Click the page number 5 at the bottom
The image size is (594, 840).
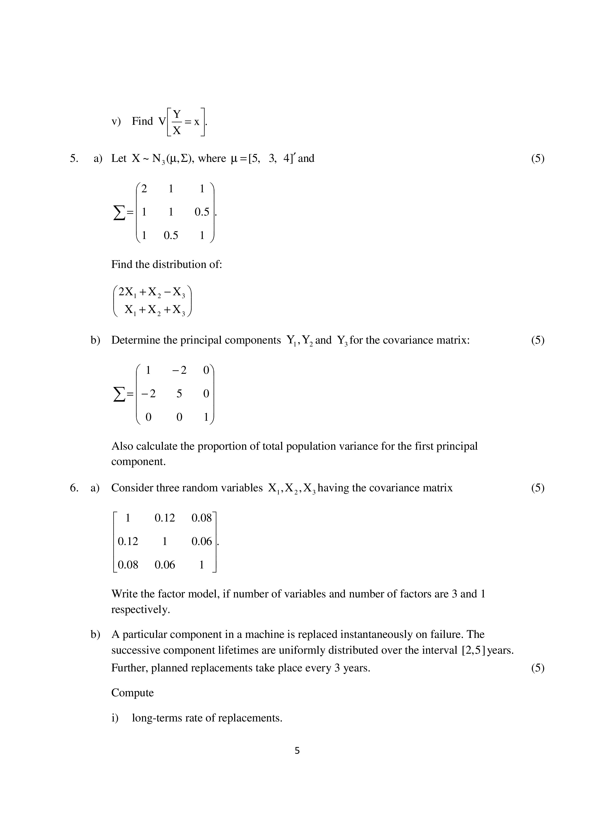click(297, 751)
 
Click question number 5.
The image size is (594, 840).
click(74, 159)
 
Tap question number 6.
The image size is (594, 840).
click(74, 488)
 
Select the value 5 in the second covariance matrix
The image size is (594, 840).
click(179, 394)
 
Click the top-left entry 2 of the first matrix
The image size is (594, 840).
click(144, 189)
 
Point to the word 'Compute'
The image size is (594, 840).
click(132, 692)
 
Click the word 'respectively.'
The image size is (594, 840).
click(141, 609)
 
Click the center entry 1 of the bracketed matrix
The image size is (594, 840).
click(165, 541)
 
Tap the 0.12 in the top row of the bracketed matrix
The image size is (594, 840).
click(165, 518)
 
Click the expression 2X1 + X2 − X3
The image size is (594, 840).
click(153, 292)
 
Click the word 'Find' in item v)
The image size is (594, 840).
click(142, 121)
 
